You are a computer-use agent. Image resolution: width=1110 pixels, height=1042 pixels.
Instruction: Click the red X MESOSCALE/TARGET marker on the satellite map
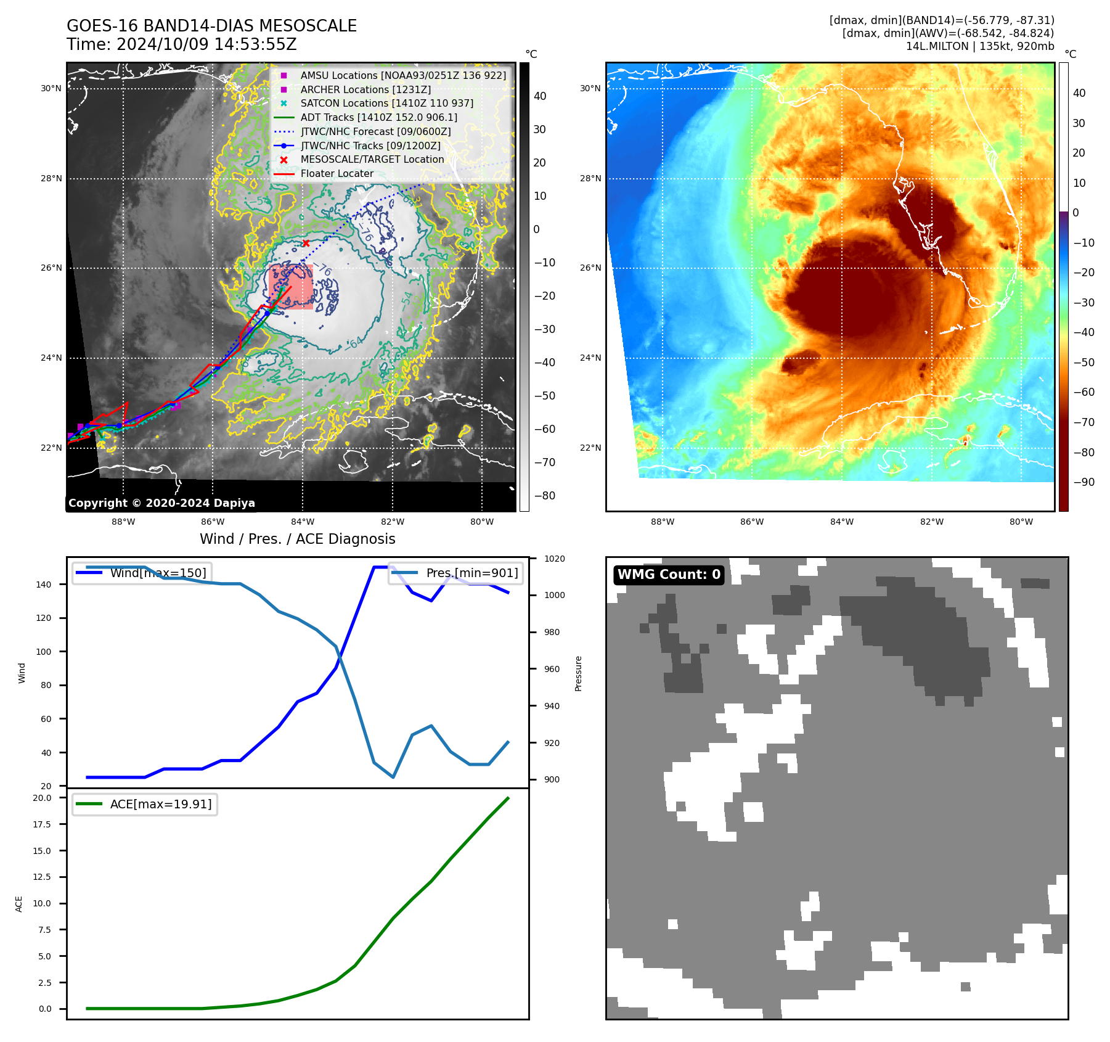point(306,243)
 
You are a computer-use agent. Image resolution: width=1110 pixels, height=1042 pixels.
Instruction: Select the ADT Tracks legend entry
point(378,117)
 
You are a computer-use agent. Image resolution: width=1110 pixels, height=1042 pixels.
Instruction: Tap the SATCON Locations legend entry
point(386,103)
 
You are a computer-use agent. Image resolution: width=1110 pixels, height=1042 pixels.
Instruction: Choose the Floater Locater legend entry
point(337,174)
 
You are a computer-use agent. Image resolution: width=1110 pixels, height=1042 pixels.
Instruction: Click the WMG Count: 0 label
point(669,575)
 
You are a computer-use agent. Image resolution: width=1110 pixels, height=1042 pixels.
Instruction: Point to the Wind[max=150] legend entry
point(158,573)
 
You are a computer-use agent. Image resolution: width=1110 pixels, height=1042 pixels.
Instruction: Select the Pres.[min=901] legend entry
point(471,573)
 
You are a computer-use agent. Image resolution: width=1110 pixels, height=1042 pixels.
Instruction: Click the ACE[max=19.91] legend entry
point(160,804)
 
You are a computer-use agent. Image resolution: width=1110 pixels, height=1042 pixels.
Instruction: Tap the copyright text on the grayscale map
point(161,503)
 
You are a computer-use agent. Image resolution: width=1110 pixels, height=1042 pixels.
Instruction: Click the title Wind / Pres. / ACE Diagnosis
point(298,539)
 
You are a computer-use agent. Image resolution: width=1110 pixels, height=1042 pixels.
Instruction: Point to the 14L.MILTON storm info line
point(979,46)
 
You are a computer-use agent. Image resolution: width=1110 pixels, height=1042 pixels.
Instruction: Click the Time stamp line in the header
point(182,44)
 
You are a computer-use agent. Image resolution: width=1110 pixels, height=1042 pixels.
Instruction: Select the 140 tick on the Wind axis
point(44,585)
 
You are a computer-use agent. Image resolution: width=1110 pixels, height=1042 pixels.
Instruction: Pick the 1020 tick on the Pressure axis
point(554,559)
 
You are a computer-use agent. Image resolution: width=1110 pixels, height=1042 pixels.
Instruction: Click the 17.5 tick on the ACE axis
point(43,824)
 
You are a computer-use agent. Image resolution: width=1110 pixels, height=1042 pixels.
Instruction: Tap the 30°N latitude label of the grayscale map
point(52,89)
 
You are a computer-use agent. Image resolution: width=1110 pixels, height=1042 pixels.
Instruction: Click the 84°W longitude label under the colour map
point(842,522)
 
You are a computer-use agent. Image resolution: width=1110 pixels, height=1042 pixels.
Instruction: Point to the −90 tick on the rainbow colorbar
point(1083,482)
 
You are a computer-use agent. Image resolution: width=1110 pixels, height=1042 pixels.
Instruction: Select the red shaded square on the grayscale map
point(290,287)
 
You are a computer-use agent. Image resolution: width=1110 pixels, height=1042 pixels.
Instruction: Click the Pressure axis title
point(578,673)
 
